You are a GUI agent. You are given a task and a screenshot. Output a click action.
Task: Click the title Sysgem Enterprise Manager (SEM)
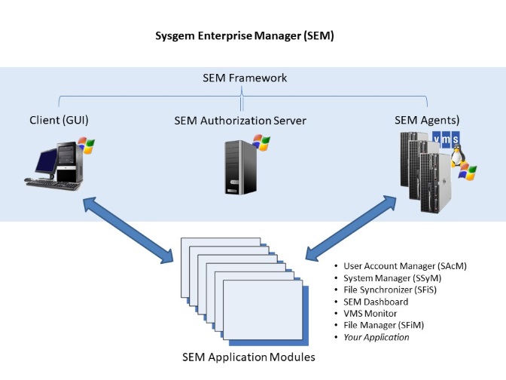(244, 35)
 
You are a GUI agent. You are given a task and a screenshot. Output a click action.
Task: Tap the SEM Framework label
(245, 78)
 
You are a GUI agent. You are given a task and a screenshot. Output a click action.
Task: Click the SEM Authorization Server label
(239, 120)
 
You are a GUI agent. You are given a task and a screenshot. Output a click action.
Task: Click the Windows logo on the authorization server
(261, 142)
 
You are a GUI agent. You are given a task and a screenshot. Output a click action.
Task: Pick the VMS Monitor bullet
(370, 314)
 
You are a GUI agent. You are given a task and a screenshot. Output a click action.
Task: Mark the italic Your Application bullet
(376, 338)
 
